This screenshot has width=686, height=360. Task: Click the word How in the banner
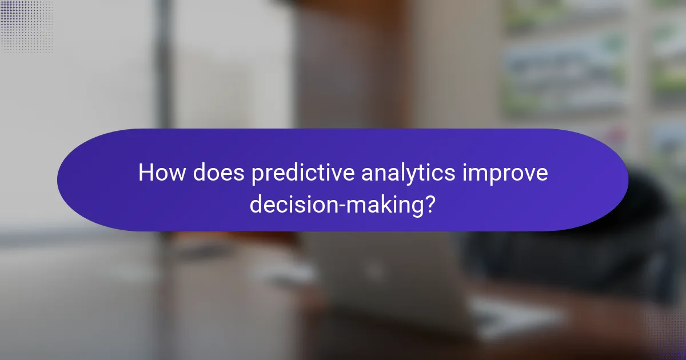click(x=162, y=173)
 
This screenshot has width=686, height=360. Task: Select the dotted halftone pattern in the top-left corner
click(x=26, y=26)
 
